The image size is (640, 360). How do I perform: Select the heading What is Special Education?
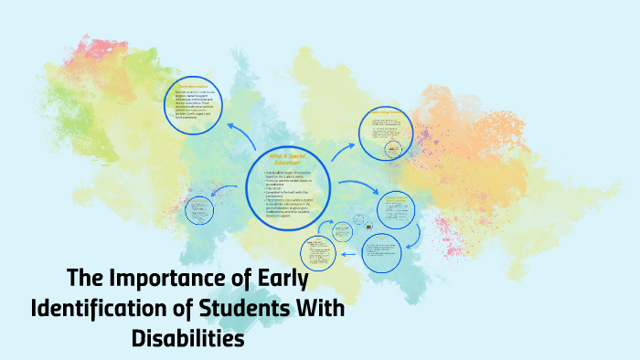287,161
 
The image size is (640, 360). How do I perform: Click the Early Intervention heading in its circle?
194,88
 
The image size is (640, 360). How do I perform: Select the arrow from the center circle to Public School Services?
345,150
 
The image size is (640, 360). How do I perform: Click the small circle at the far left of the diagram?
197,210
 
